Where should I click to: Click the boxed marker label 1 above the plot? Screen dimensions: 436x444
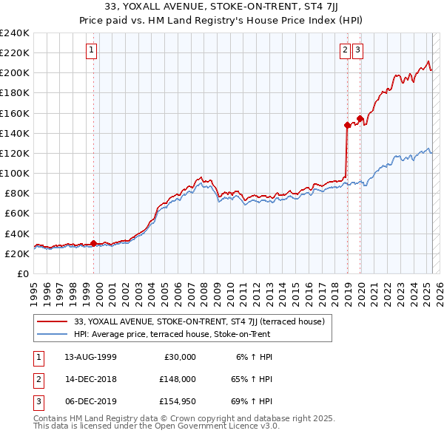(91, 50)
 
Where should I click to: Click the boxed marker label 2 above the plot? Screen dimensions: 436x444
(345, 50)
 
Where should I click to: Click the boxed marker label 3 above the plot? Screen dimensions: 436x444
(357, 50)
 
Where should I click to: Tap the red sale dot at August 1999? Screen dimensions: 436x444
(94, 243)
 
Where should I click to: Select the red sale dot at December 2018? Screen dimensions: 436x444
(347, 125)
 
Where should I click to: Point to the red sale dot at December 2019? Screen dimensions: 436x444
(360, 118)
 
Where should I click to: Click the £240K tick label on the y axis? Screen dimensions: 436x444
(14, 33)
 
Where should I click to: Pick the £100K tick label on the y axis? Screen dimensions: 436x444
(14, 173)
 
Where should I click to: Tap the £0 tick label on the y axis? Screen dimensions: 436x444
(22, 273)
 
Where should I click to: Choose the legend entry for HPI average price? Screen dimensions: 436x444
(172, 334)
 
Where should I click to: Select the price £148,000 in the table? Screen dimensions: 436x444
(177, 379)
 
